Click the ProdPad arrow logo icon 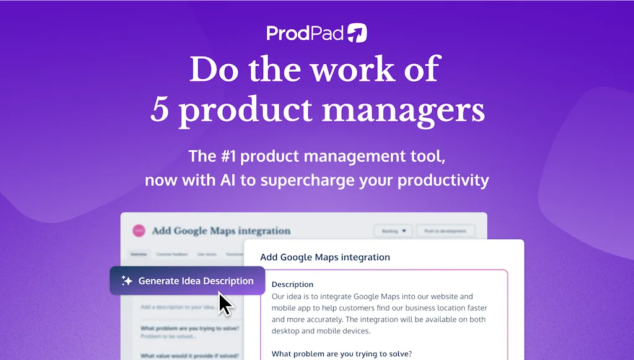point(357,33)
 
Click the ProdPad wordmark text point(305,33)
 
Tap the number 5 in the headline point(160,110)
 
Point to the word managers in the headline point(403,110)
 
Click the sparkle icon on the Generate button point(127,281)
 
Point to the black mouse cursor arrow point(224,304)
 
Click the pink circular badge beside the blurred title point(139,230)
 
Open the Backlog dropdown point(393,231)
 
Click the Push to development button point(445,231)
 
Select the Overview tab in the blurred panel point(139,254)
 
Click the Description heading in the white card point(292,284)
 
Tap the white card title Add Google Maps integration point(325,257)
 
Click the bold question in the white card point(342,354)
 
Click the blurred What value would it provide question point(189,356)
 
